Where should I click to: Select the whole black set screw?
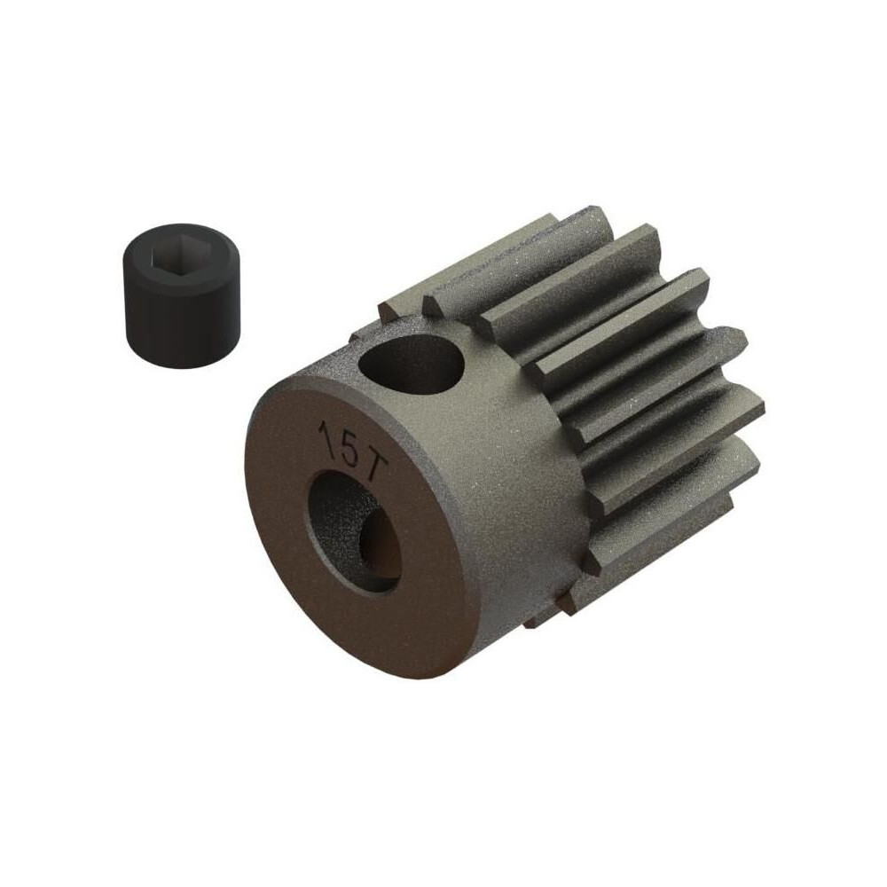181,296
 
